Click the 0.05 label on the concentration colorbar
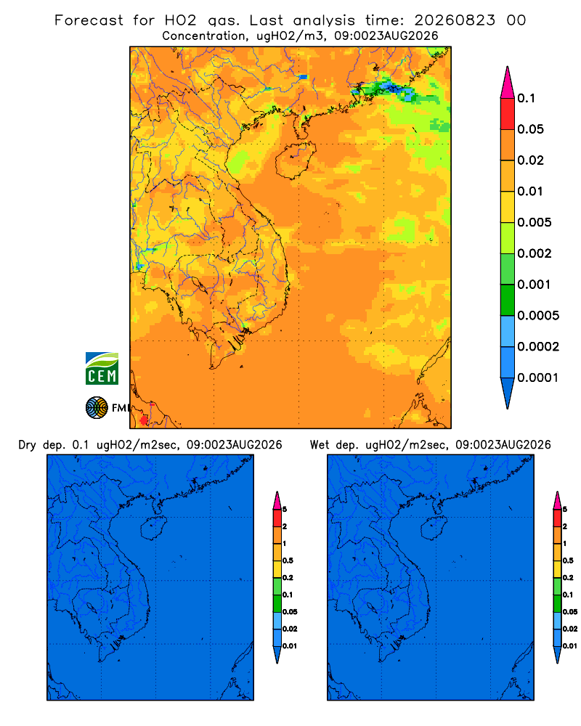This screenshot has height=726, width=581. click(x=530, y=129)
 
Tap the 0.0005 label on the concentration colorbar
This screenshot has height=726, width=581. click(x=538, y=316)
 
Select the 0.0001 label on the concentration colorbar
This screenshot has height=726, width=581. click(x=538, y=378)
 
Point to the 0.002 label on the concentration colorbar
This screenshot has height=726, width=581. click(x=535, y=253)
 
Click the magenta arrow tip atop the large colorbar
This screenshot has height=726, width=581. click(x=508, y=81)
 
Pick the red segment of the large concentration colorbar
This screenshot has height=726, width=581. click(x=508, y=113)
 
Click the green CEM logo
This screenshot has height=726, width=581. click(x=102, y=369)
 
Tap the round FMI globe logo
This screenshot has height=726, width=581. click(x=97, y=408)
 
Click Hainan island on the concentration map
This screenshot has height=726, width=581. click(x=295, y=160)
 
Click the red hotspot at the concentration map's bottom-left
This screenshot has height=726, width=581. click(x=144, y=420)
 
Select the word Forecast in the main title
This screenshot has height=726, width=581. click(x=89, y=20)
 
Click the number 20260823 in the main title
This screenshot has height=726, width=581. click(x=455, y=20)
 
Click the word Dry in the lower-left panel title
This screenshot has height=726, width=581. click(x=27, y=445)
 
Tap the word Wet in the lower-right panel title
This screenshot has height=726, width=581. click(x=320, y=445)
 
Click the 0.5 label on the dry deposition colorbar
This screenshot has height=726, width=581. click(x=288, y=560)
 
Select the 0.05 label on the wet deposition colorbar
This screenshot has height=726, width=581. click(x=570, y=611)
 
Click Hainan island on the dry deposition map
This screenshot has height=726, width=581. click(x=153, y=528)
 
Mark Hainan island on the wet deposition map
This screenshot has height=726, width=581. click(x=434, y=528)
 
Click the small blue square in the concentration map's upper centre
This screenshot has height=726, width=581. click(x=304, y=77)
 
